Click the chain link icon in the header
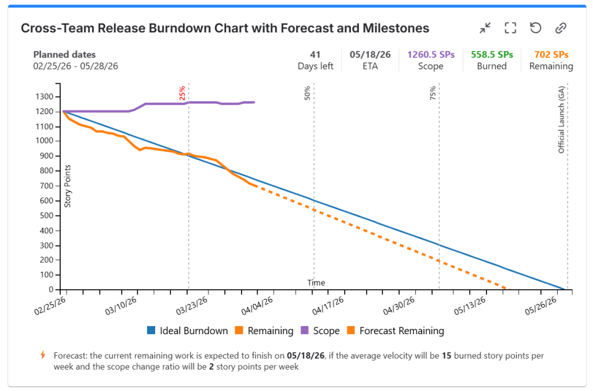point(560,28)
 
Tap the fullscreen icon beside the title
point(510,28)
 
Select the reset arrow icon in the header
point(536,28)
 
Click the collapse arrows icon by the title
point(485,28)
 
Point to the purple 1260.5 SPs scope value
point(431,54)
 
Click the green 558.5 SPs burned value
point(492,54)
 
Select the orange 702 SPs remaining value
point(551,54)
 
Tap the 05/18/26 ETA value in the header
point(370,54)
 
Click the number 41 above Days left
point(315,54)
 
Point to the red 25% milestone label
point(182,93)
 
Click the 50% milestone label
point(308,93)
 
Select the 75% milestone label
point(433,93)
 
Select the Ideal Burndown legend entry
point(188,331)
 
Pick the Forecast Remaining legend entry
point(395,331)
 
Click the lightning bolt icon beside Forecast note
point(42,355)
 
